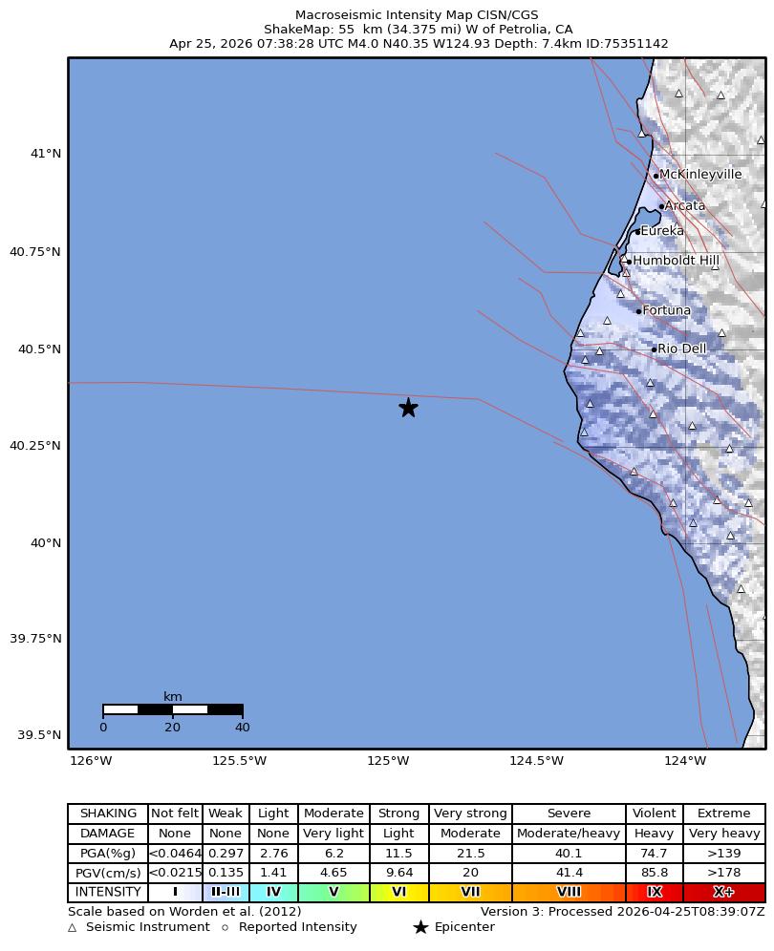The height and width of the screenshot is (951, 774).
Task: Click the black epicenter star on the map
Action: [x=408, y=408]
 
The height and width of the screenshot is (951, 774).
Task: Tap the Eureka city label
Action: [x=662, y=231]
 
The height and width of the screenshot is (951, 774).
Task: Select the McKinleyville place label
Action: [x=700, y=175]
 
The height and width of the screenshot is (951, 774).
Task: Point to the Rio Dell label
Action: [x=682, y=349]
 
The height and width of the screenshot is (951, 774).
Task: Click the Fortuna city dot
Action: [x=638, y=311]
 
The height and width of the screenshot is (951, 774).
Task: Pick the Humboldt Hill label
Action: [x=677, y=261]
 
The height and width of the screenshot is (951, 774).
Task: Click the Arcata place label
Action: [x=684, y=205]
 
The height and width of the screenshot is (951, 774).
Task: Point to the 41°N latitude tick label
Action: [x=46, y=153]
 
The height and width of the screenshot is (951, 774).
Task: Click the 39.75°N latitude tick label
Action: [x=36, y=639]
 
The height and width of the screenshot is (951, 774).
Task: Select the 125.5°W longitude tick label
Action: [x=239, y=761]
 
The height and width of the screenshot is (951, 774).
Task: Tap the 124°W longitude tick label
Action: [x=685, y=761]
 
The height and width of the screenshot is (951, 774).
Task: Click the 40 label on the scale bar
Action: [x=243, y=728]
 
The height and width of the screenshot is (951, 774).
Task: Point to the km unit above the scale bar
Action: [x=173, y=697]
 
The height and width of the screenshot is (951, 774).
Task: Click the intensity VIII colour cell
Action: [x=569, y=892]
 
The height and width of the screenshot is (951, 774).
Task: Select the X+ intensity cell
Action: [x=723, y=892]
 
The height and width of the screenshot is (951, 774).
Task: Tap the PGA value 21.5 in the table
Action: [x=470, y=853]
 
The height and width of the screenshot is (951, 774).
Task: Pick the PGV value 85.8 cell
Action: [x=655, y=873]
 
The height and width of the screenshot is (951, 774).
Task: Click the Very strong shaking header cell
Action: [x=470, y=814]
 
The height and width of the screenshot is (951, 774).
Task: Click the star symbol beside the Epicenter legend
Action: [x=420, y=927]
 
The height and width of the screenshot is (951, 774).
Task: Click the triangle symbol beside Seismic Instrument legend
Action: [x=73, y=927]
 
